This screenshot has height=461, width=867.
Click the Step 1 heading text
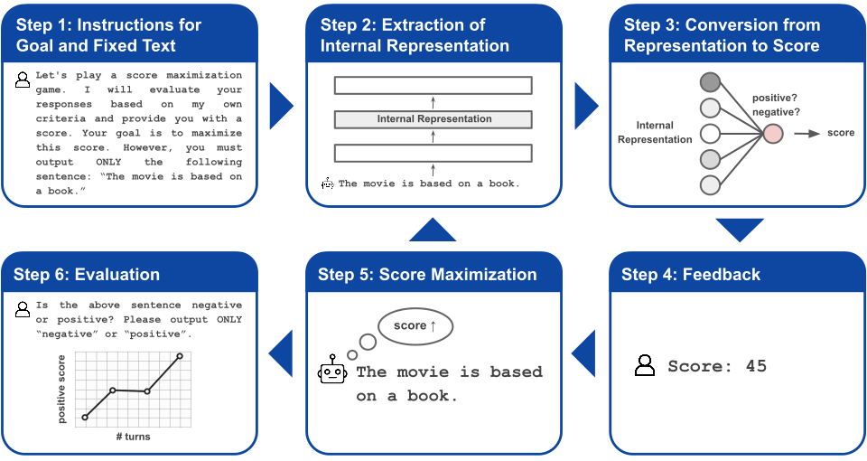108,35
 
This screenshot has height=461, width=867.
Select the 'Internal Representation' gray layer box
433,119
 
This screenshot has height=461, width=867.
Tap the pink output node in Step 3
773,134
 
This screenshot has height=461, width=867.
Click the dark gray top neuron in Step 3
710,82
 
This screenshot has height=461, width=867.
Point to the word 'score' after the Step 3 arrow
841,133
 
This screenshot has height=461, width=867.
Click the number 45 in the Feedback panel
756,366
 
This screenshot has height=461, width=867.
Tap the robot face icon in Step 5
332,369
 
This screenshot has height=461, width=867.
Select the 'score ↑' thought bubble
415,326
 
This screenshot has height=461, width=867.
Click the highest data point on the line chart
180,356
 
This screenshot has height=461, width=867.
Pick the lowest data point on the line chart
85,418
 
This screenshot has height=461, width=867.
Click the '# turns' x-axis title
134,437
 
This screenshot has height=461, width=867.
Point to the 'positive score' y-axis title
61,389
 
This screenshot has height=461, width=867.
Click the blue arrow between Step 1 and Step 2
282,106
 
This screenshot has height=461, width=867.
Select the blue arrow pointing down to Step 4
740,228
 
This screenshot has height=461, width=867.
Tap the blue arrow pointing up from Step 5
433,231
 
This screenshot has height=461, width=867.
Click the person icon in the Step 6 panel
23,309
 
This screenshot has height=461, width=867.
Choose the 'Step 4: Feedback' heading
691,275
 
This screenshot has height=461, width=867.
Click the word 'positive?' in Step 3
775,98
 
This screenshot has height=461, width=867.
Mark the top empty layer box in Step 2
433,86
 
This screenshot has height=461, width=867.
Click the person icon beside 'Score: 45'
645,366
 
